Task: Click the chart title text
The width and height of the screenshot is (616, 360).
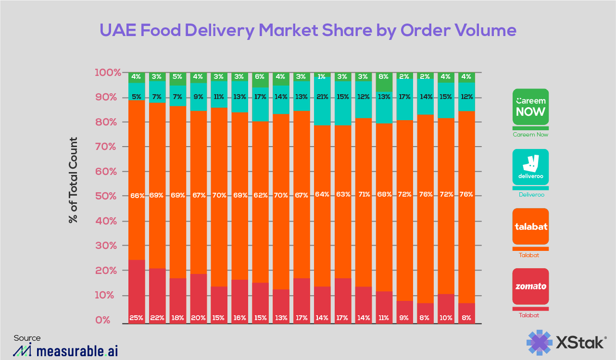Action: click(x=308, y=30)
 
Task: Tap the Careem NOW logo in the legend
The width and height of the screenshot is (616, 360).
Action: click(x=530, y=107)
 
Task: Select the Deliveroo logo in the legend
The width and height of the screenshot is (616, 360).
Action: click(x=530, y=167)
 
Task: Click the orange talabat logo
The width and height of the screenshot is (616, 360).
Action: click(x=530, y=226)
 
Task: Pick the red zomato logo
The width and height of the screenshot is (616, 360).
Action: click(x=530, y=286)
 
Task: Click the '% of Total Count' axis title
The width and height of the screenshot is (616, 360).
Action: click(x=73, y=180)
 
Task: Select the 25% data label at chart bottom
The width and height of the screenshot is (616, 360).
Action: click(x=137, y=318)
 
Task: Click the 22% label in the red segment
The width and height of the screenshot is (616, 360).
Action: click(x=158, y=318)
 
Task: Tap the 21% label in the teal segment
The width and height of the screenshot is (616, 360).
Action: click(x=323, y=97)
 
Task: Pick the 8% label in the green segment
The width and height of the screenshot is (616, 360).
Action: click(x=384, y=76)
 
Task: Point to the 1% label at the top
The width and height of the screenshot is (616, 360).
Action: click(x=323, y=76)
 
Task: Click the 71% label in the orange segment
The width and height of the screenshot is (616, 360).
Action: click(x=364, y=195)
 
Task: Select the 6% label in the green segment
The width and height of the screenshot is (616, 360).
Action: click(x=261, y=76)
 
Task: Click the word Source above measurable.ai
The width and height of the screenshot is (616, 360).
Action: click(x=27, y=338)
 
